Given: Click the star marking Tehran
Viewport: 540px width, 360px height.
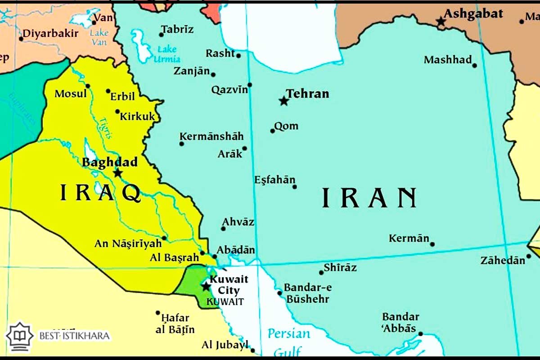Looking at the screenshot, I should pyautogui.click(x=283, y=101).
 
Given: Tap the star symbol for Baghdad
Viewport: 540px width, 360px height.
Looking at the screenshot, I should pyautogui.click(x=117, y=173).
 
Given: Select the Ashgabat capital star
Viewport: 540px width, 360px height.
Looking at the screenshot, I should pyautogui.click(x=441, y=21).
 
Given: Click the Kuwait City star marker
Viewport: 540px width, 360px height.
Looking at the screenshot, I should pyautogui.click(x=206, y=286).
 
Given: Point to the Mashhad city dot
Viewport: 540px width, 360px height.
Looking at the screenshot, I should pyautogui.click(x=474, y=65).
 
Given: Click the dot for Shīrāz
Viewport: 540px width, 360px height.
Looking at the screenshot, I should pyautogui.click(x=321, y=272).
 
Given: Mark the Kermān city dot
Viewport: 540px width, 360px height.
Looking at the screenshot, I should pyautogui.click(x=432, y=244).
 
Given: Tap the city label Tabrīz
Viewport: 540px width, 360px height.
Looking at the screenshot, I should pyautogui.click(x=177, y=30).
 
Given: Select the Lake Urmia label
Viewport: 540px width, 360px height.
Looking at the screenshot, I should pyautogui.click(x=166, y=54).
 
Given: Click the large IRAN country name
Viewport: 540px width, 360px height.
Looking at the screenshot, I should pyautogui.click(x=369, y=198).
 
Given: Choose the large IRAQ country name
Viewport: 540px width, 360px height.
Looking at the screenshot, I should pyautogui.click(x=101, y=193).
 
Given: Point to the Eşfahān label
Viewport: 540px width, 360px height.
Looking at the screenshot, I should pyautogui.click(x=275, y=180).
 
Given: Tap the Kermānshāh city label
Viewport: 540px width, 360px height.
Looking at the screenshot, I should pyautogui.click(x=211, y=136).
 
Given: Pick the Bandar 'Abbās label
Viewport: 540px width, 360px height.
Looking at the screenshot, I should pyautogui.click(x=400, y=322).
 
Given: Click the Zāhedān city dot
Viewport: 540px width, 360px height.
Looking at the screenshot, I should pyautogui.click(x=528, y=256).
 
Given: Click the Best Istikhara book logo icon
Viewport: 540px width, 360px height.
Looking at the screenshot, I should pyautogui.click(x=19, y=336).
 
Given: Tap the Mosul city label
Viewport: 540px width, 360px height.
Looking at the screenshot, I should pyautogui.click(x=71, y=94).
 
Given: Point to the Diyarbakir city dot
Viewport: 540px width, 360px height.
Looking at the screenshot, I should pyautogui.click(x=21, y=39).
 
